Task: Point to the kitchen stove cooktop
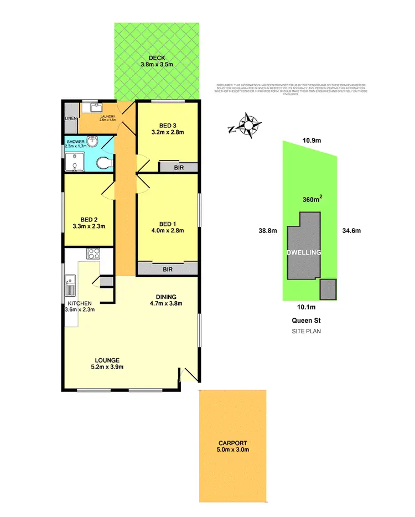[93, 255]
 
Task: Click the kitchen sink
[70, 286]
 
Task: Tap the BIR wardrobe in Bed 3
[178, 167]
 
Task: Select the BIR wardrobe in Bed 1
[168, 268]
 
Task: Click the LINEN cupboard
[70, 118]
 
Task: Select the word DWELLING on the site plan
[304, 252]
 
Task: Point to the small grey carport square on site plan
[328, 288]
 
